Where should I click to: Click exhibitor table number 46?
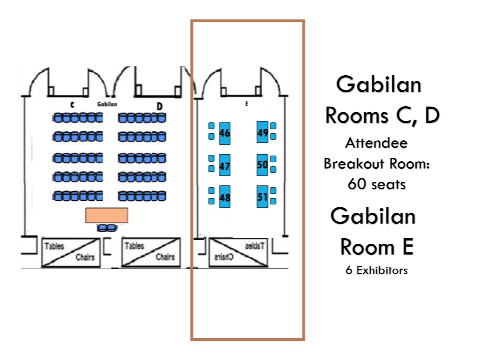pos(225,134)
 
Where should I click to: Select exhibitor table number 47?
pos(225,165)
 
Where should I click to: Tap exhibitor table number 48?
pos(225,197)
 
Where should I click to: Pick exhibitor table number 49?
pos(263,132)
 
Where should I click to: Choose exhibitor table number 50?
pos(263,165)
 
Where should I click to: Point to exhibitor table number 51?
pos(263,197)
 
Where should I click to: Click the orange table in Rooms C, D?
pos(107,215)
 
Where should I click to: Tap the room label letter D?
pos(160,106)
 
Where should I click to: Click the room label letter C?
pos(72,105)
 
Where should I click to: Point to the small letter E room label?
pos(247,104)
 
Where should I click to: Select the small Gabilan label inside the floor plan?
pos(107,104)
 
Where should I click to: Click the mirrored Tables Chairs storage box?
pos(239,252)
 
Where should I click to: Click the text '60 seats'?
pos(377,184)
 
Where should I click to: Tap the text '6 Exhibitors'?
pos(377,270)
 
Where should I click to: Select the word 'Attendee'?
pos(377,143)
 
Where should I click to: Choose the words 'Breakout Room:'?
pos(377,164)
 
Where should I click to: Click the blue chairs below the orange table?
pos(107,228)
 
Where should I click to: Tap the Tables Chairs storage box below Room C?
pos(71,252)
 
